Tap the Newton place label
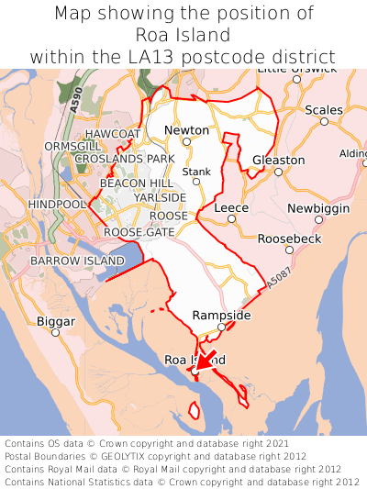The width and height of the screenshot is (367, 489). coord(186,130)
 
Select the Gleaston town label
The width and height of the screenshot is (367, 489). coord(278,160)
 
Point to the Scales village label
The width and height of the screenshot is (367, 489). coord(323,110)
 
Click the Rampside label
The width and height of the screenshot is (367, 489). coord(221,315)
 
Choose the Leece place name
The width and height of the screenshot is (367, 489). coord(231,208)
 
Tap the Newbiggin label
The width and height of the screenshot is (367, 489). coord(318,208)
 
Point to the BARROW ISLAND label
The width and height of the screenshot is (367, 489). coord(77,261)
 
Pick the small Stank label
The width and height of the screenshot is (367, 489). coord(196,172)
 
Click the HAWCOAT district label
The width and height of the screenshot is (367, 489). coord(114,134)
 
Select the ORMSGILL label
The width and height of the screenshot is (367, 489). coord(72,147)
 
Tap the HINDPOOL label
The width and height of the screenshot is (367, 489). coord(57,203)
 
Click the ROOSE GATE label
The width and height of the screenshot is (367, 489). coord(139,232)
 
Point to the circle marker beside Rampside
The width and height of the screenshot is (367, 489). coord(221,326)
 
